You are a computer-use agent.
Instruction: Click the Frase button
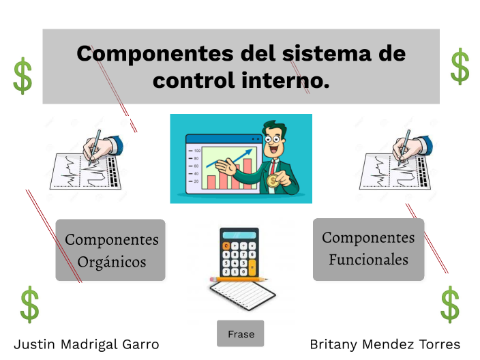(241, 334)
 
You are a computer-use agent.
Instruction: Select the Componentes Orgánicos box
(110, 250)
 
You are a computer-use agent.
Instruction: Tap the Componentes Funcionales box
(368, 249)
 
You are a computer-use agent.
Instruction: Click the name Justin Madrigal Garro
(87, 344)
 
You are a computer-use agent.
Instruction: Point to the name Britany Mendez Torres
(385, 344)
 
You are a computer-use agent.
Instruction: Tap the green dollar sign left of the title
(22, 76)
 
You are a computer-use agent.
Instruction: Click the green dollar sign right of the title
(460, 66)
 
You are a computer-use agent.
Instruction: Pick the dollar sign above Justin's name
(29, 304)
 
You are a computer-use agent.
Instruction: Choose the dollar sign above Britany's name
(450, 304)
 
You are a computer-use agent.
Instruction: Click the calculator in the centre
(239, 252)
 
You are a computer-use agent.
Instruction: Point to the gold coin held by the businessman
(273, 181)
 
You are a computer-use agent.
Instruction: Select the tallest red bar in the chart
(247, 174)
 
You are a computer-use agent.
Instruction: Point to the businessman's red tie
(273, 166)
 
